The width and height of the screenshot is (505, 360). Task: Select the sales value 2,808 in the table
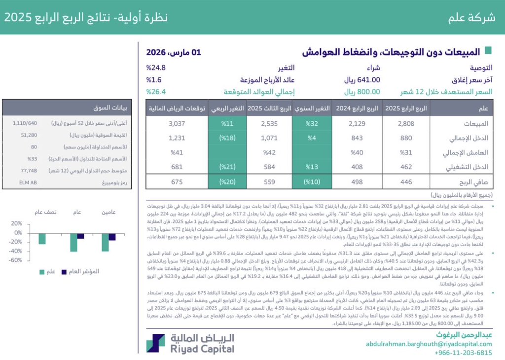(405, 123)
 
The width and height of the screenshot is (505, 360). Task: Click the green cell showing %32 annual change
(312, 123)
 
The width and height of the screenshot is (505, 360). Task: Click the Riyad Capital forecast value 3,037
(177, 123)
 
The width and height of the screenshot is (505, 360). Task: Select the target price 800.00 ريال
(362, 91)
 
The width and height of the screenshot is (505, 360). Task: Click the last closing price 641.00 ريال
(362, 79)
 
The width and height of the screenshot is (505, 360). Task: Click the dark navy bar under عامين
(112, 237)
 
